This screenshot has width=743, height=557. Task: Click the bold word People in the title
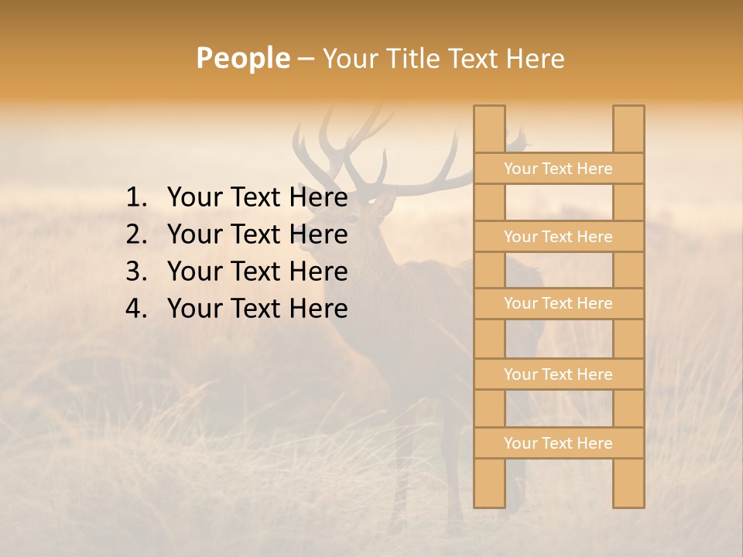[x=242, y=58]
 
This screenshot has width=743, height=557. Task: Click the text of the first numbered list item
[x=257, y=198]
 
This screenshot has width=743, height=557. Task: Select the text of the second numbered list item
[x=257, y=234]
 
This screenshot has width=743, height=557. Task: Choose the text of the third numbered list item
[x=257, y=272]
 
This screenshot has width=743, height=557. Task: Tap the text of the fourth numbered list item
[x=257, y=309]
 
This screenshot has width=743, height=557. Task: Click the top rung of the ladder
[x=558, y=169]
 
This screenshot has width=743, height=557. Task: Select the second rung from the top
[x=558, y=237]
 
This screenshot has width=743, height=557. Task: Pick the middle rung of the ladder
[x=558, y=304]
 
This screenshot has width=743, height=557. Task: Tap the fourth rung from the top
[x=558, y=374]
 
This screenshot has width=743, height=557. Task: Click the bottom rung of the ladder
[x=558, y=443]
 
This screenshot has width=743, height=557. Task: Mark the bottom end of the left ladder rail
[x=489, y=504]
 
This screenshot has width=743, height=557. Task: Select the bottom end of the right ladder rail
[x=628, y=504]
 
